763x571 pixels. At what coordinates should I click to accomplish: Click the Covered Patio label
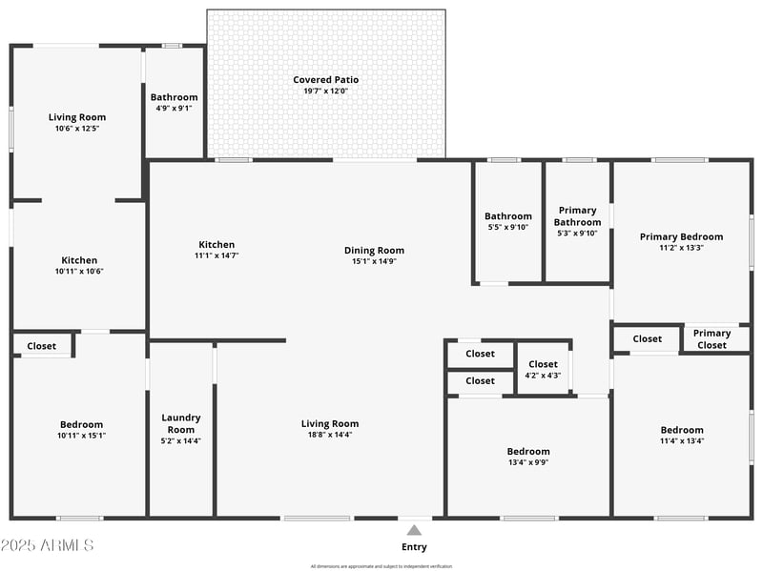tap(326, 80)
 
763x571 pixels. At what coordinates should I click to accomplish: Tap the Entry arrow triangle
tap(414, 530)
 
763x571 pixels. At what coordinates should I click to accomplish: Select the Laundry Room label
tap(181, 423)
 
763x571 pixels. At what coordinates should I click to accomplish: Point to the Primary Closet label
tap(711, 338)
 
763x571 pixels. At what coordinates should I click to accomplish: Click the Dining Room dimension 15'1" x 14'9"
tap(374, 261)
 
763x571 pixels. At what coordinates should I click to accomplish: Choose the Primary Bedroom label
tap(681, 236)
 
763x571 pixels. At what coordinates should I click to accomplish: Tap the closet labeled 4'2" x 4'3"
tap(543, 370)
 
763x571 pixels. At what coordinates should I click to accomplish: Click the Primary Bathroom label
tap(577, 216)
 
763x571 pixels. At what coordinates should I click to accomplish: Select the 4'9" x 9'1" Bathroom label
tap(174, 97)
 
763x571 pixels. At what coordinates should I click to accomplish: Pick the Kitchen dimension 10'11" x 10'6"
tap(79, 271)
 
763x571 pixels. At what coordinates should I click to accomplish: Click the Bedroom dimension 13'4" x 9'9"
tap(528, 462)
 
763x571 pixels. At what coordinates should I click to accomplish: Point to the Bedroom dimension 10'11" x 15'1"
tap(81, 436)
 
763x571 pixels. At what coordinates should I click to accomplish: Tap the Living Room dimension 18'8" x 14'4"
tap(330, 435)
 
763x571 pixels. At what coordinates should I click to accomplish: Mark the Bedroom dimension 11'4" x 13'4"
tap(682, 440)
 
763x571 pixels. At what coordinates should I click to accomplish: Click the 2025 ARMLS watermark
tap(48, 546)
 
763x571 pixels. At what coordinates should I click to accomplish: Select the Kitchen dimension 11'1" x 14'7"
tap(217, 255)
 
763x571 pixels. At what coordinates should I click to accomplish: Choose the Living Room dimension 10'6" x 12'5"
tap(77, 128)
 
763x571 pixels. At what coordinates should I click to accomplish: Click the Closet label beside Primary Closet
tap(647, 338)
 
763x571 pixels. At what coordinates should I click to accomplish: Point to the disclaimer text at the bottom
tap(381, 566)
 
